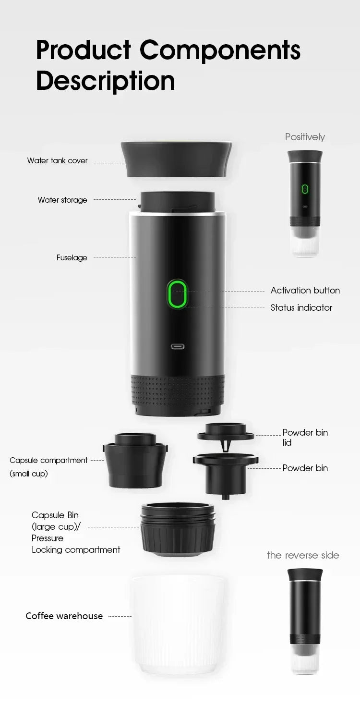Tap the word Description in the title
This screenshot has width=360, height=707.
point(105,81)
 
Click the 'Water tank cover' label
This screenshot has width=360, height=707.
point(57,160)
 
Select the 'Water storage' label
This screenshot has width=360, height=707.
point(62,200)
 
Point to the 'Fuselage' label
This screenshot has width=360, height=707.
point(72,257)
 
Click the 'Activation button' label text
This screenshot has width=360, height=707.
point(305,290)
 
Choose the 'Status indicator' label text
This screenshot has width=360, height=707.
point(301,307)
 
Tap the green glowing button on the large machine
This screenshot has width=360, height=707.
point(177,294)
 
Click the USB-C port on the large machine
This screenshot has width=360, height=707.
point(178,346)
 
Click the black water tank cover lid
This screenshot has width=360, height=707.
point(177,158)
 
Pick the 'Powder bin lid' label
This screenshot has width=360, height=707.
point(305,437)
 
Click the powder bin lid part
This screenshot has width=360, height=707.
point(226,432)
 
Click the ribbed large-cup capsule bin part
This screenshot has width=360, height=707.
point(178,528)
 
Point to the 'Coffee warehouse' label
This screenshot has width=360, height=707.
point(64,616)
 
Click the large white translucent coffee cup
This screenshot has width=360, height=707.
point(178,624)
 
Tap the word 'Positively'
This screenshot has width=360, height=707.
point(305,137)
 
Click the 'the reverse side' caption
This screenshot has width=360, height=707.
point(303,555)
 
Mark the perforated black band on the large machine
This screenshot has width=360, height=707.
point(178,389)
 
